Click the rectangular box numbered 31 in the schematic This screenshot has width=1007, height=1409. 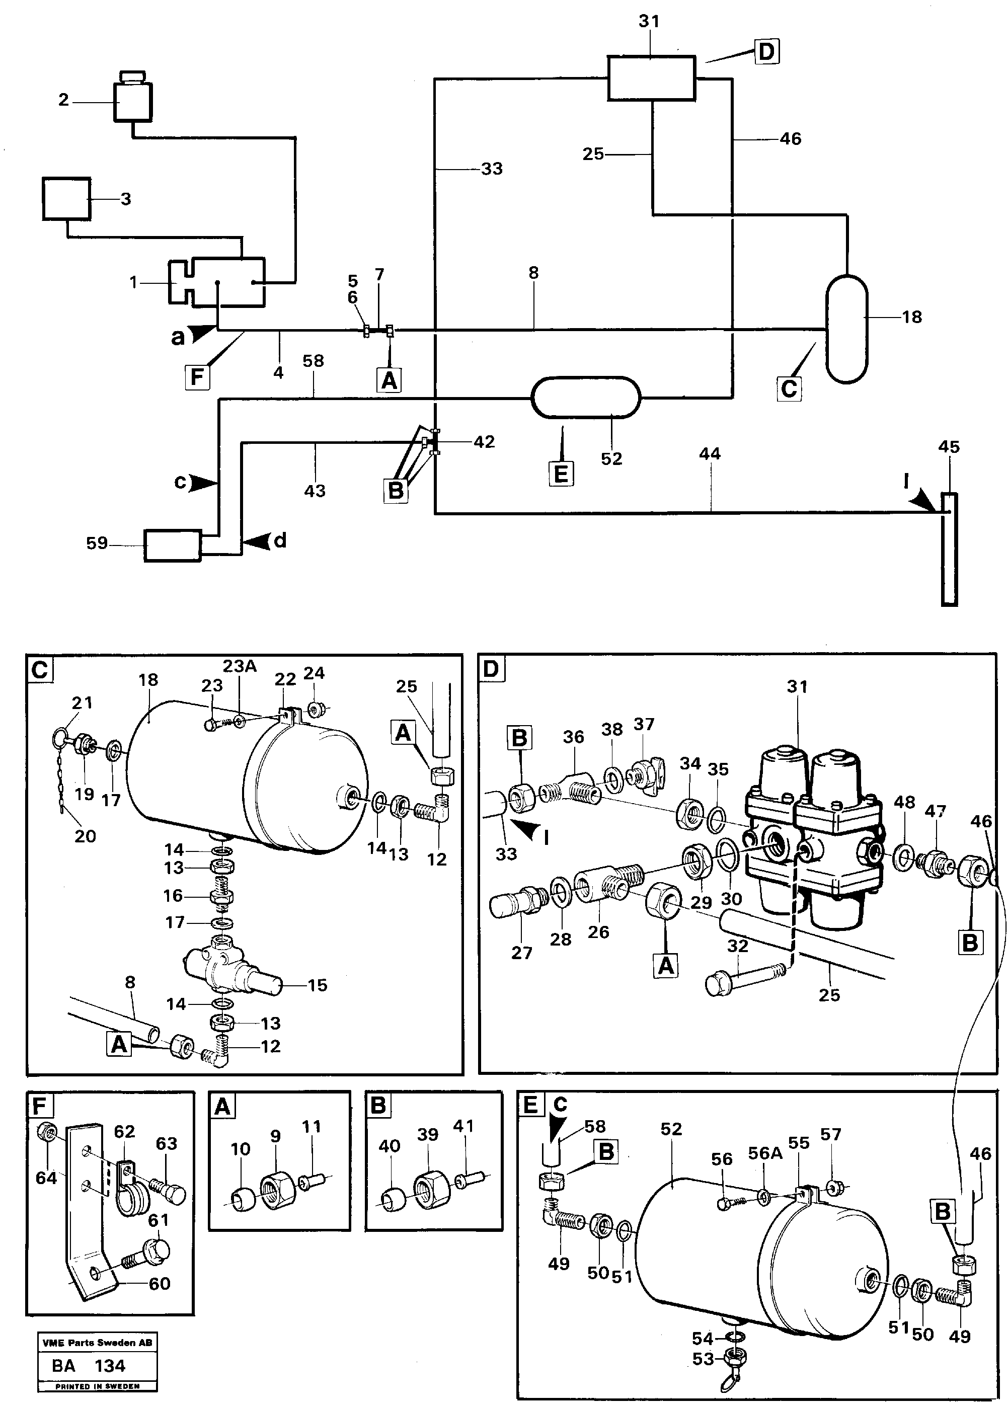point(651,77)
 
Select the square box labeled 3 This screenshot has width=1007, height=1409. point(66,198)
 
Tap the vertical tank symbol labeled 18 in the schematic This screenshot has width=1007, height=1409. point(846,329)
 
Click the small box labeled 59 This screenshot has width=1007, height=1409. point(173,545)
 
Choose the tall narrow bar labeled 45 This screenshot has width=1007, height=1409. point(949,549)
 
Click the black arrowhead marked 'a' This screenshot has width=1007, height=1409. point(201,335)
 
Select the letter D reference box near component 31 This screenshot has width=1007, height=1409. point(767,52)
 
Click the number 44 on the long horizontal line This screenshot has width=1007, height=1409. point(710,454)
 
